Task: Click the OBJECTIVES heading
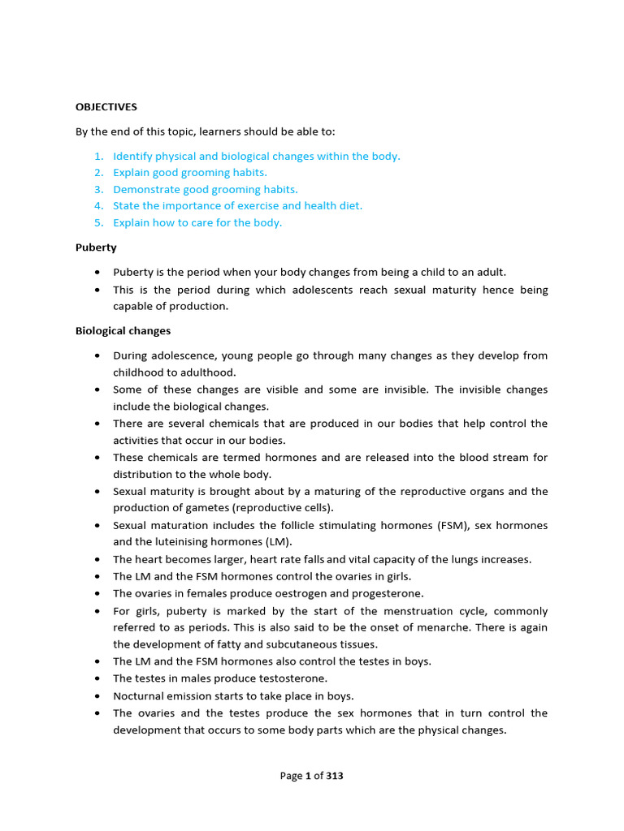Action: click(106, 106)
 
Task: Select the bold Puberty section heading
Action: click(96, 247)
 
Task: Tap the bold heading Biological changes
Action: click(123, 331)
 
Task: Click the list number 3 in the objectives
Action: click(98, 189)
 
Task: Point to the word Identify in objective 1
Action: click(132, 156)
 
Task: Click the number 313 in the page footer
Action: click(335, 776)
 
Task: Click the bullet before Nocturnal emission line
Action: click(97, 695)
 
